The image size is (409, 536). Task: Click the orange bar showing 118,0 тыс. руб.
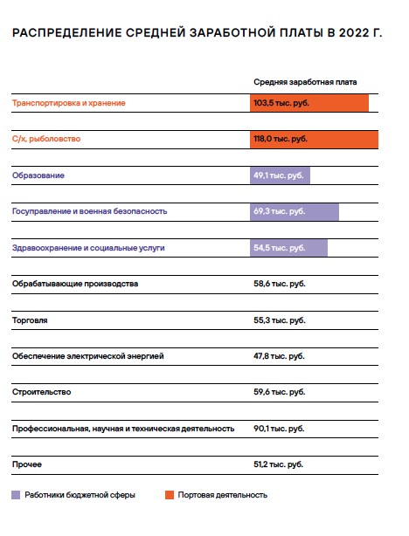(x=314, y=140)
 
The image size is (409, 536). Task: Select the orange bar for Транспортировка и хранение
(x=309, y=103)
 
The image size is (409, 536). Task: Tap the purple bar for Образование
(x=280, y=175)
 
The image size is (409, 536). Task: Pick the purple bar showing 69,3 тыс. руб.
(x=295, y=212)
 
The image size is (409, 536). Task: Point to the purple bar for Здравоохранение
(x=288, y=248)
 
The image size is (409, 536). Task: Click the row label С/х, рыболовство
(x=46, y=139)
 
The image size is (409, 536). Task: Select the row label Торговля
(x=30, y=320)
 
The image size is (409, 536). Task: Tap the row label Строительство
(x=41, y=392)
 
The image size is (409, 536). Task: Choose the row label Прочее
(x=27, y=464)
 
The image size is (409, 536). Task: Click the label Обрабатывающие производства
(x=75, y=284)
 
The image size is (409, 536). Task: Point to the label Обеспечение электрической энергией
(x=88, y=356)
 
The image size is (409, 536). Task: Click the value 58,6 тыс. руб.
(x=280, y=284)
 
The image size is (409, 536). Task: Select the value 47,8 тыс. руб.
(x=279, y=356)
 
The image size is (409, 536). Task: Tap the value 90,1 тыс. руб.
(x=279, y=429)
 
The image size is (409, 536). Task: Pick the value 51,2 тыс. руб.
(x=278, y=464)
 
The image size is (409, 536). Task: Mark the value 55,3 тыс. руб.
(x=280, y=320)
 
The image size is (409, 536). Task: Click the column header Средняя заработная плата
(x=305, y=82)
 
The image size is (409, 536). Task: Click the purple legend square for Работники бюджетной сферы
(x=16, y=495)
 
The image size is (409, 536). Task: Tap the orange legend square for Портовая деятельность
(x=170, y=495)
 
